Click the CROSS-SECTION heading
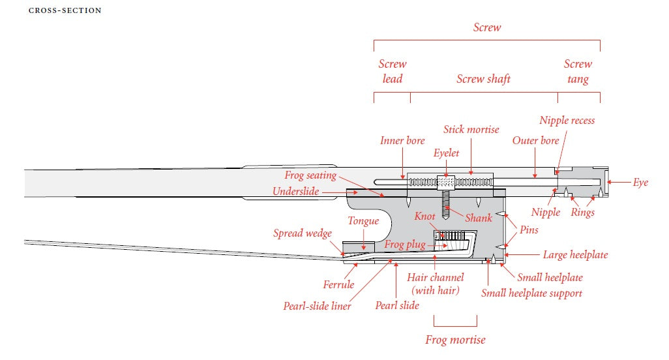(x=65, y=11)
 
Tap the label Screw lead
(x=393, y=72)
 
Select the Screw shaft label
(x=483, y=79)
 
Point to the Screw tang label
(x=578, y=72)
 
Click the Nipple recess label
(x=567, y=121)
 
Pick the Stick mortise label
(x=471, y=130)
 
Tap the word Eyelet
(x=447, y=153)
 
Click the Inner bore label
(x=402, y=141)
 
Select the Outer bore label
(x=535, y=141)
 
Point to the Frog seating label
(x=310, y=175)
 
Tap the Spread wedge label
(x=302, y=233)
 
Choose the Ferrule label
(x=338, y=284)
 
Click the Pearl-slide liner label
(x=317, y=306)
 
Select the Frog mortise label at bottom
(x=455, y=340)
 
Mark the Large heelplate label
(x=575, y=255)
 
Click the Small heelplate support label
(x=531, y=293)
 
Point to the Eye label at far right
(x=640, y=183)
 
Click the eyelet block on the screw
(x=446, y=181)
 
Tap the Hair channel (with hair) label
(x=436, y=284)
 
